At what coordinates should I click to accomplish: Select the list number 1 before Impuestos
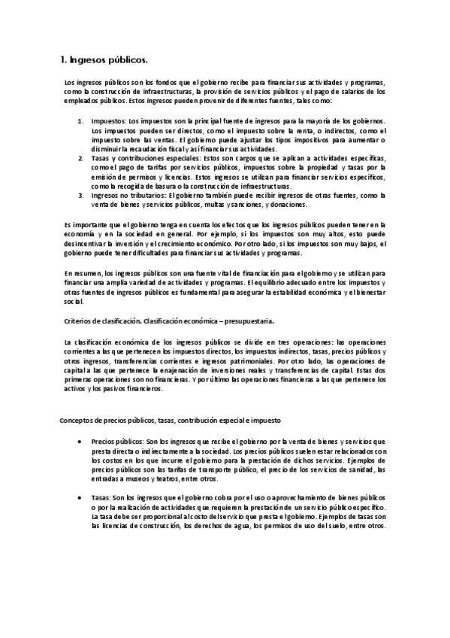pos(81,120)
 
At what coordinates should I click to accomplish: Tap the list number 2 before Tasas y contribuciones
pos(81,159)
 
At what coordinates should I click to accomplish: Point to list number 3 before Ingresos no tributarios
pos(81,196)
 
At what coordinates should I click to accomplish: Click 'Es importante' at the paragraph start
pos(83,224)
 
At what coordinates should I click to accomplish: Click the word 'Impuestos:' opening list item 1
pos(108,120)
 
